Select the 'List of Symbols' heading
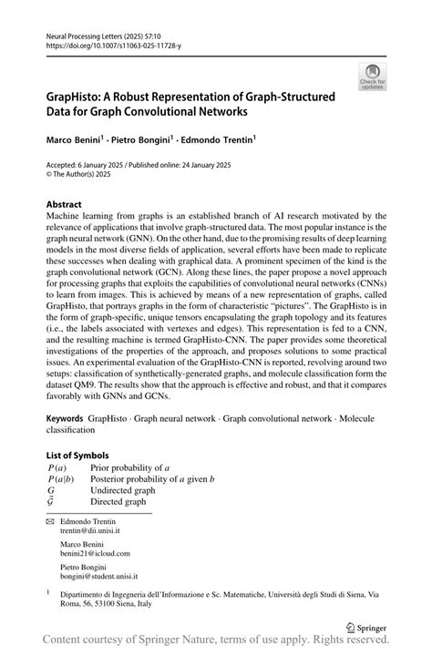[x=77, y=455]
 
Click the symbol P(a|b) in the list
[x=66, y=478]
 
